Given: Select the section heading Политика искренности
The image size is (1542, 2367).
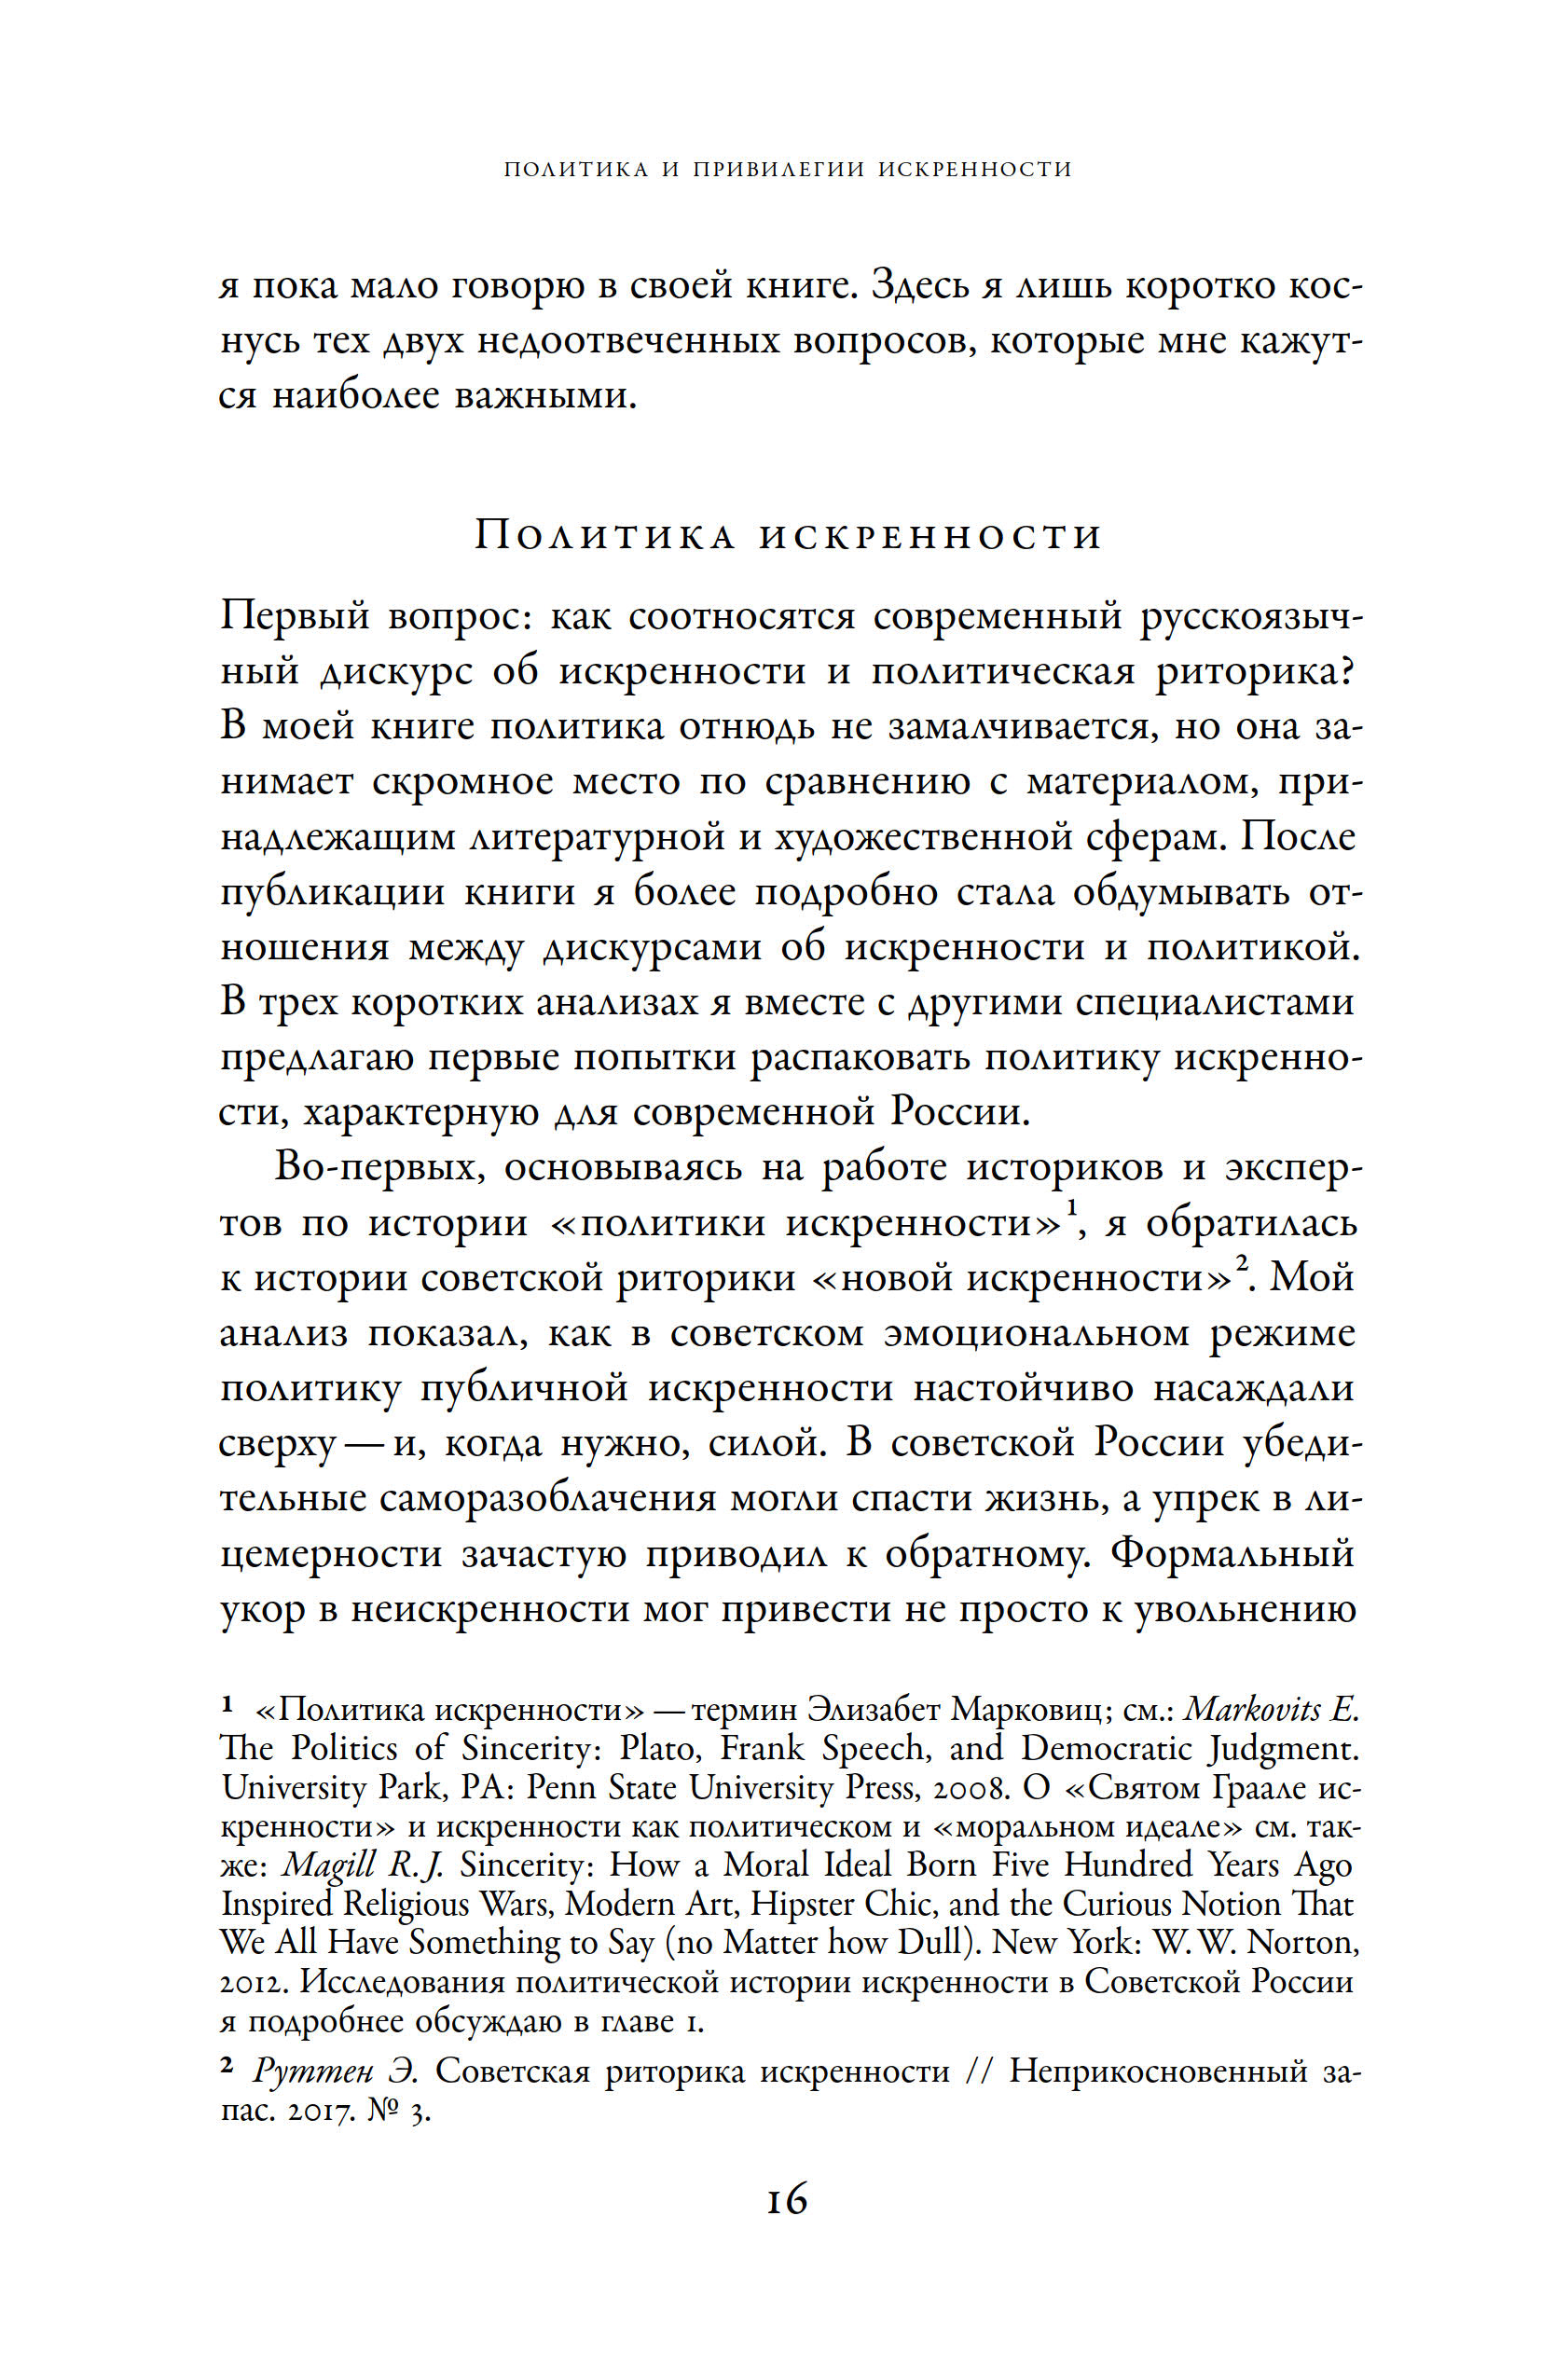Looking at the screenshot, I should (788, 536).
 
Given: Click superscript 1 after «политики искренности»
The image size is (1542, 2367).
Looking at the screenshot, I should (1072, 1209).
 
